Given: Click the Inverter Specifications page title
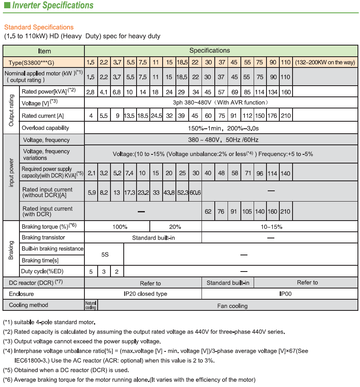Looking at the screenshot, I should point(52,6).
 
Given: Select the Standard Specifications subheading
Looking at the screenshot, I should point(39,27).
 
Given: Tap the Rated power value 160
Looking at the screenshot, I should point(286,91).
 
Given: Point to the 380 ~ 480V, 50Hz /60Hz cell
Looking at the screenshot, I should point(223,140).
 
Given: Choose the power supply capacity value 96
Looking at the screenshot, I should point(260,173).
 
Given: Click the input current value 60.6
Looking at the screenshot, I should point(195,192).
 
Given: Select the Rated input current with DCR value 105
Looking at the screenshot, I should point(247,212).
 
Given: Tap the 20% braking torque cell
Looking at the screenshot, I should point(175,227).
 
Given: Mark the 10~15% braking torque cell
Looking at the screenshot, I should point(271,227).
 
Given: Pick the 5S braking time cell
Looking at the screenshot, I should point(105,255).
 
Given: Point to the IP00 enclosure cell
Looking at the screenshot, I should point(286,294).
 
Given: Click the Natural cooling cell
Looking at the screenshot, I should point(91,305).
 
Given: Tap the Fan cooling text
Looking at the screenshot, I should point(232,306).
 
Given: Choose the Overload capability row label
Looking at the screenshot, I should point(46,128).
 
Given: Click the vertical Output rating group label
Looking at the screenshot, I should point(11,110).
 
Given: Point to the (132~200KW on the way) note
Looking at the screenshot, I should point(325,62).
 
